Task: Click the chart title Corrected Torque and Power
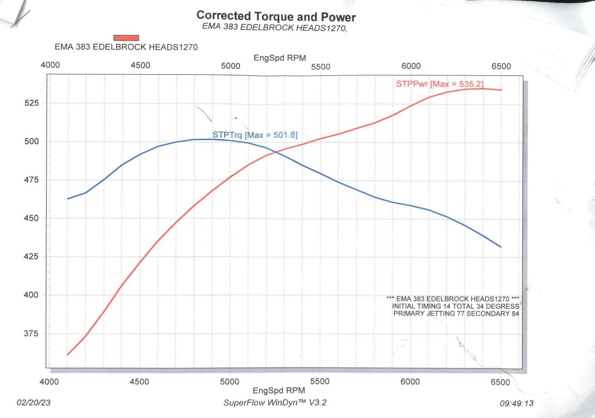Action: point(276,16)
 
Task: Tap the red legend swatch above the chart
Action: point(126,37)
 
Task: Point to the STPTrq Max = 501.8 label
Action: point(255,134)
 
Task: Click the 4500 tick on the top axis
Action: point(140,66)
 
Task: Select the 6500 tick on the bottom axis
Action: point(501,382)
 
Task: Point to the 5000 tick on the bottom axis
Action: point(230,382)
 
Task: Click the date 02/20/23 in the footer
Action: point(34,403)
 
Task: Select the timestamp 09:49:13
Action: point(517,403)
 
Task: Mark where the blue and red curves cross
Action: point(280,151)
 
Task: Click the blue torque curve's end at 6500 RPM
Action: point(501,247)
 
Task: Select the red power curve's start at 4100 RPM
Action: point(68,355)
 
